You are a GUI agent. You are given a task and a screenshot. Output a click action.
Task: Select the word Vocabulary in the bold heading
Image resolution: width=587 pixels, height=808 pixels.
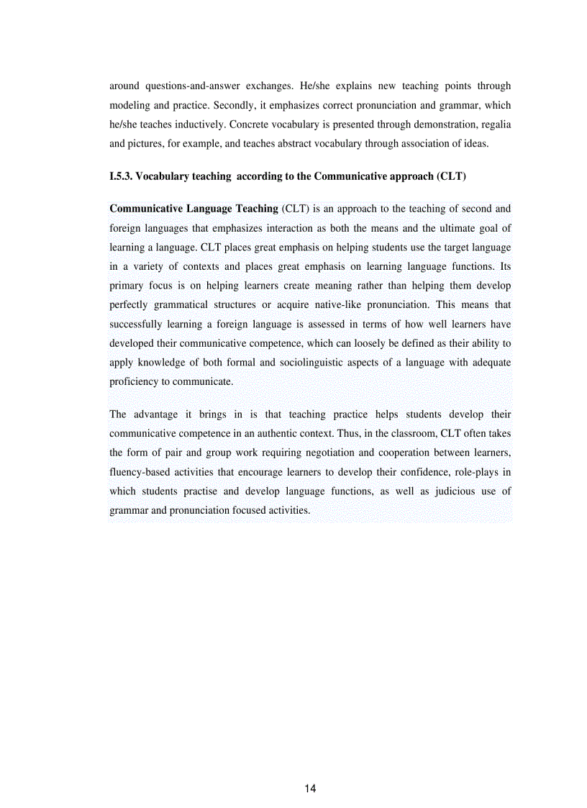click(162, 176)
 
